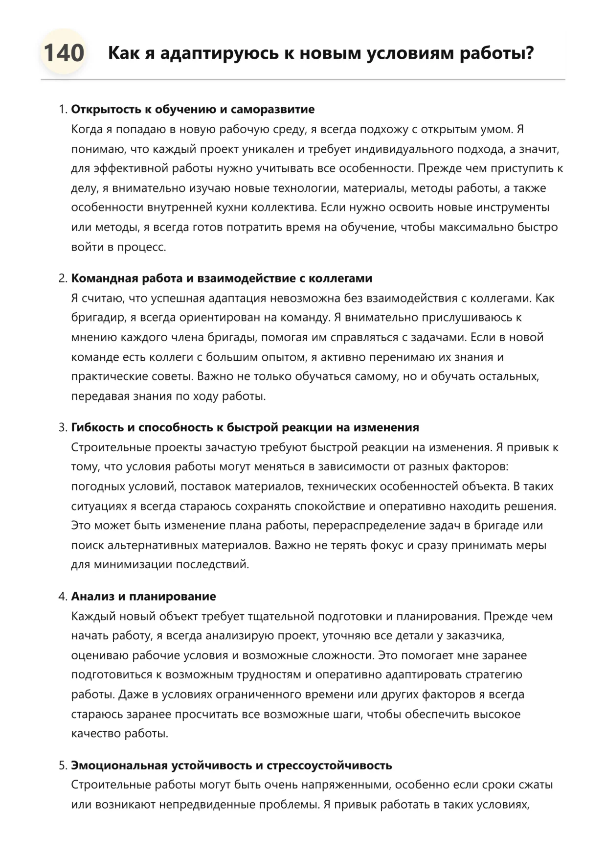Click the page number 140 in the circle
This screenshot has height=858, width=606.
64,52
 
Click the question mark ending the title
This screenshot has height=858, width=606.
529,53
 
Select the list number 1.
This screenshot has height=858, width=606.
62,110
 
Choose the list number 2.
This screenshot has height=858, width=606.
62,278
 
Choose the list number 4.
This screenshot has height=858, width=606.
62,597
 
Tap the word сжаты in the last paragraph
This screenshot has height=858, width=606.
538,785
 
